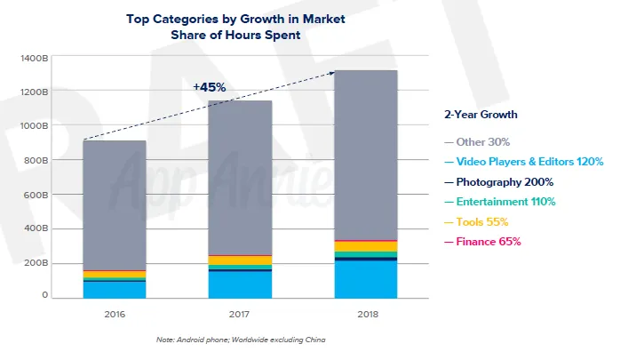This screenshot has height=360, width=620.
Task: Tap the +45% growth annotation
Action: [x=209, y=87]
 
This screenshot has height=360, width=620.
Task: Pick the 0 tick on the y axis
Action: [x=43, y=296]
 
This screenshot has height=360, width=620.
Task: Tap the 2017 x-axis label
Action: [x=240, y=314]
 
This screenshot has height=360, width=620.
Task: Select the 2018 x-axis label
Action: [x=365, y=314]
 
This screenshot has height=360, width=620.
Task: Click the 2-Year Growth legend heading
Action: [x=481, y=115]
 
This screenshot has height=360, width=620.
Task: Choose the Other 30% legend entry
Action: [x=483, y=141]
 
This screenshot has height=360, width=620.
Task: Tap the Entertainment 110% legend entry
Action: [x=507, y=202]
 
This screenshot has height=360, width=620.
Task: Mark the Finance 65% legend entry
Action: [x=488, y=241]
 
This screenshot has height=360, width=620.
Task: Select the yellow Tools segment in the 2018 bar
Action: [x=365, y=246]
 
